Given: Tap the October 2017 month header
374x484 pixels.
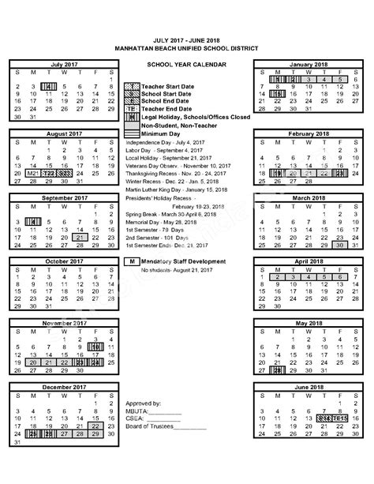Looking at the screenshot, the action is click(x=63, y=261).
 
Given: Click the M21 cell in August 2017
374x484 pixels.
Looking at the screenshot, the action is click(x=32, y=172).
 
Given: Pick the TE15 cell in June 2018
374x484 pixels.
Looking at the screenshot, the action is click(x=339, y=418).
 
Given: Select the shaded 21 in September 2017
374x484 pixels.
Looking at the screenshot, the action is click(x=79, y=237).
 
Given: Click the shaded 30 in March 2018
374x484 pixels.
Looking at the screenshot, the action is click(x=339, y=244).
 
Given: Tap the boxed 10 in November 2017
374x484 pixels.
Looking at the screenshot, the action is click(x=95, y=347).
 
